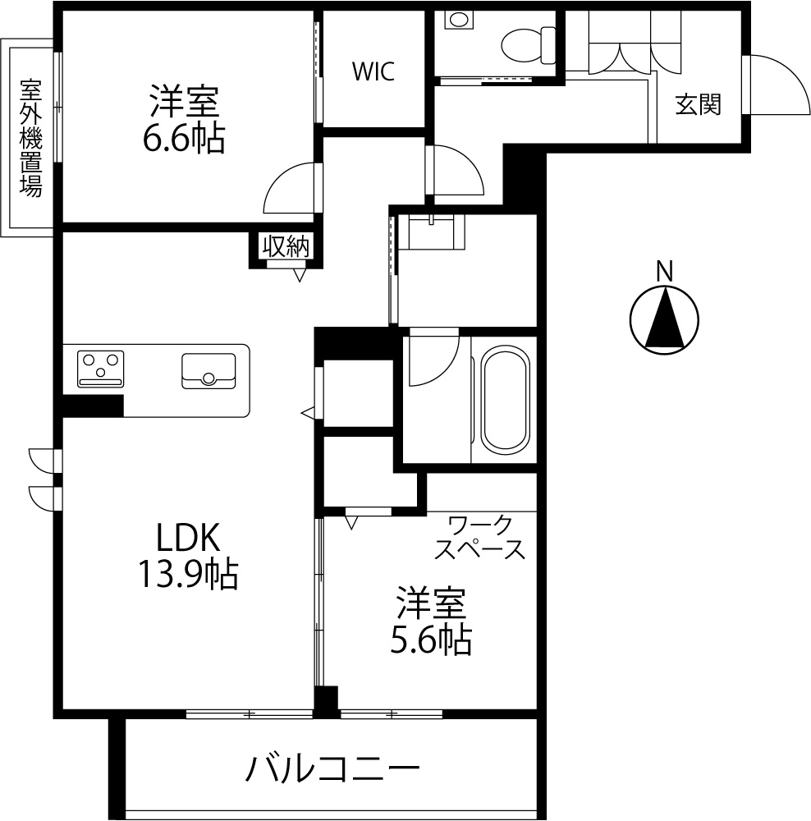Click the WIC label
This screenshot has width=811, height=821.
tap(373, 71)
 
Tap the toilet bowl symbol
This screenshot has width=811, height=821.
tap(529, 45)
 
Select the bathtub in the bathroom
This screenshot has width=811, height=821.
tap(506, 400)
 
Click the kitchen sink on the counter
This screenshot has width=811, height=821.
tap(208, 371)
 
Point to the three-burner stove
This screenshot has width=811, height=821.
tap(100, 369)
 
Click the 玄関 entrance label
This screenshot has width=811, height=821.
tap(698, 105)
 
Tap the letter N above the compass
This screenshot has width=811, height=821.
tap(665, 272)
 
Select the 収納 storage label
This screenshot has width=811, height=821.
tap(286, 246)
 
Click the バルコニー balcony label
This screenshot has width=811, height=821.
tap(333, 768)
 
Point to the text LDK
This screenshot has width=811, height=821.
tap(188, 538)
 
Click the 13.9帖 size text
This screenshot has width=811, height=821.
tap(188, 575)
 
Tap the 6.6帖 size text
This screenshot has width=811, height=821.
tap(184, 138)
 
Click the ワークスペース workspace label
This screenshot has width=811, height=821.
tap(479, 537)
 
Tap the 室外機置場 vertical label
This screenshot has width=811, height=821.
tap(31, 138)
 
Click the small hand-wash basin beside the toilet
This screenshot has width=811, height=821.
tap(459, 20)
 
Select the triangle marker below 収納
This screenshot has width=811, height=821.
tap(300, 275)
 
